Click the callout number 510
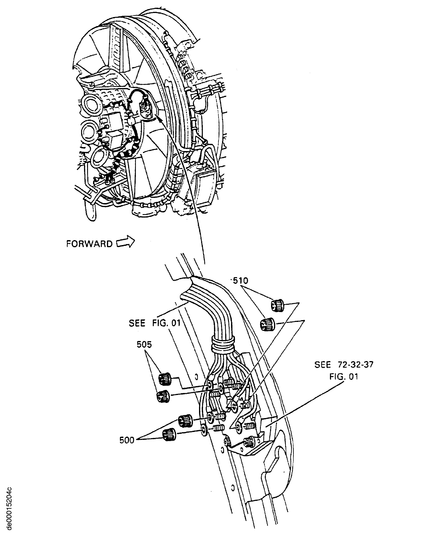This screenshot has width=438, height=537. pyautogui.click(x=241, y=281)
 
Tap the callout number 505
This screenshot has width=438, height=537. pyautogui.click(x=144, y=345)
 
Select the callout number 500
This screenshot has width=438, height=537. pyautogui.click(x=127, y=441)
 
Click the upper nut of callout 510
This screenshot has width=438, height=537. pyautogui.click(x=277, y=306)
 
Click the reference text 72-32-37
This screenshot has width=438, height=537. pyautogui.click(x=354, y=365)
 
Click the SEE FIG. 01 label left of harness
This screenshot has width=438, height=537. pyautogui.click(x=155, y=323)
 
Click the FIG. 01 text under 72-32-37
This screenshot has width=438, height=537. pyautogui.click(x=344, y=377)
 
